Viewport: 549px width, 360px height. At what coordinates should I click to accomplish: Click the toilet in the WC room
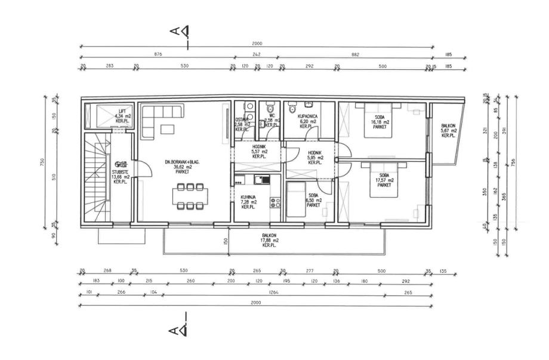(x=270, y=107)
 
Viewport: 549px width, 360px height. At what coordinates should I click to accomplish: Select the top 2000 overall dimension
(x=257, y=44)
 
